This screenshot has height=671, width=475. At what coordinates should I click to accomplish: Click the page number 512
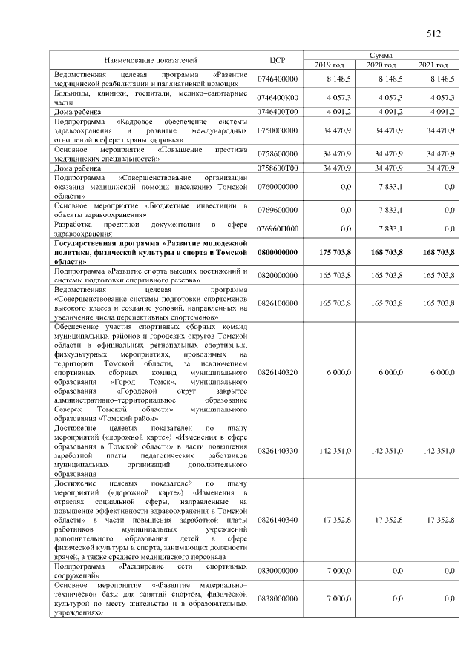coord(434,33)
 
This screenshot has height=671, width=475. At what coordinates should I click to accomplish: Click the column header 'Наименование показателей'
coord(151,59)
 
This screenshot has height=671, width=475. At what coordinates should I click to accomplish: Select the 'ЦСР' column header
coord(278,59)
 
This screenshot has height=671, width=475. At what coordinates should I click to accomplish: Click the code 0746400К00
coord(277,98)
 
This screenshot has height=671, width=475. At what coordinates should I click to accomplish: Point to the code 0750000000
coord(277,130)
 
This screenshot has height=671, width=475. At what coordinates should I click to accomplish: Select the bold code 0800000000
coord(277,253)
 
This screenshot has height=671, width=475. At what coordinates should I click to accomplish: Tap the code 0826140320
coord(277,372)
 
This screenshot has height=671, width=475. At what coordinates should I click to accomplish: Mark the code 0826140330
coord(277,450)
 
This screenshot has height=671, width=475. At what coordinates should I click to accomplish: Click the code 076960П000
coord(277,228)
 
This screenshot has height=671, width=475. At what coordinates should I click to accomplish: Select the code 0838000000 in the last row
coord(277,597)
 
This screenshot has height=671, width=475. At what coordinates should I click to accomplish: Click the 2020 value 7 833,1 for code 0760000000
coord(389,187)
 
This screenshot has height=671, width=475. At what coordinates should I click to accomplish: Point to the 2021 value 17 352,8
coord(439,520)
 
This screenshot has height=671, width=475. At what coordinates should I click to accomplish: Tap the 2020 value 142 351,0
coord(387,450)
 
